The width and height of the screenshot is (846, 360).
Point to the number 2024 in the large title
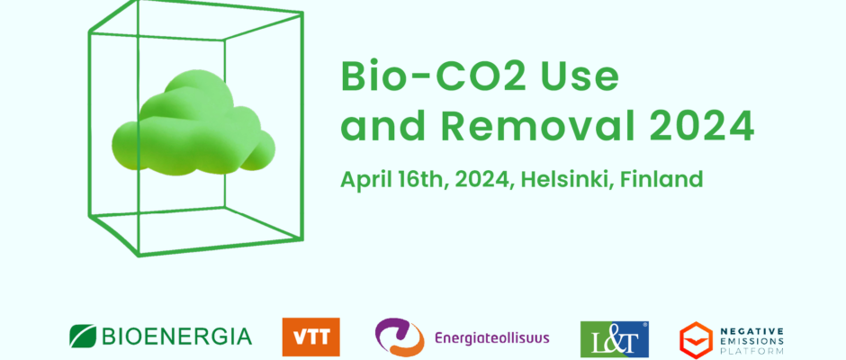(700, 126)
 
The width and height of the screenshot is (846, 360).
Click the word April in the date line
(364, 180)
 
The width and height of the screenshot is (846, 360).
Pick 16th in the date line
(423, 179)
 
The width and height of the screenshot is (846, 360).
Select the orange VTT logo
(310, 337)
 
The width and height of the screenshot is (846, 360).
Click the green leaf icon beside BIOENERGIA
(83, 336)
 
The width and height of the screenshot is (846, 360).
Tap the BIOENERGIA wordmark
(176, 337)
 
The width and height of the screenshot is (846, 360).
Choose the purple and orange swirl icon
(400, 337)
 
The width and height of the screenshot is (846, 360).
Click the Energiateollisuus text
(492, 338)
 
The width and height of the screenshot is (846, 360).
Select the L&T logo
(615, 339)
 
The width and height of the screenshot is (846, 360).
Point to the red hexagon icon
(696, 340)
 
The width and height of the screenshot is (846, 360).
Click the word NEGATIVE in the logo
(752, 330)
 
